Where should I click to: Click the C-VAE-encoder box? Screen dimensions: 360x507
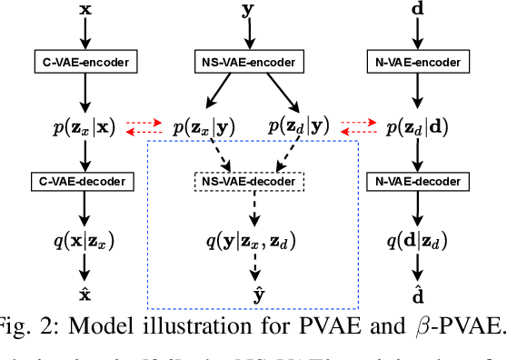(x=86, y=64)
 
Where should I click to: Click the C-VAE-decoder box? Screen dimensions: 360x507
(x=86, y=180)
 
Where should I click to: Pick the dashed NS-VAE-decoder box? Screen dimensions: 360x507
(x=247, y=181)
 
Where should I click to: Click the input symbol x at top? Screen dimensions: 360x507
(x=86, y=11)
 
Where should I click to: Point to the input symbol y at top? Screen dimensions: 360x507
(x=247, y=11)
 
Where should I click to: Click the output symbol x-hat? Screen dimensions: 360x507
(x=86, y=295)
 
